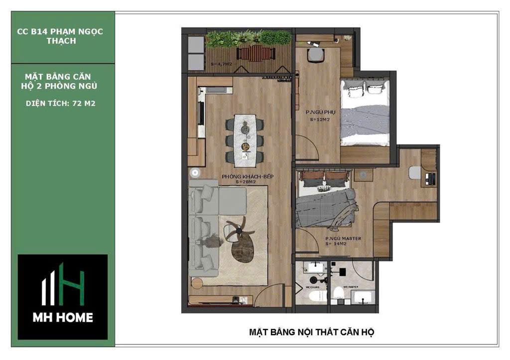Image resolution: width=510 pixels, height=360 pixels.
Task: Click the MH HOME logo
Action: click(x=63, y=297)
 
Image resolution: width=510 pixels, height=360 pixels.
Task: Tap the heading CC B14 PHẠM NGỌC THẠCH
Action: click(x=61, y=36)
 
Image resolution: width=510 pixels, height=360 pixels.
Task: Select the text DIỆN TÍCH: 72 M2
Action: click(x=61, y=104)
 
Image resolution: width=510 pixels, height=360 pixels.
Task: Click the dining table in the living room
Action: click(x=246, y=139)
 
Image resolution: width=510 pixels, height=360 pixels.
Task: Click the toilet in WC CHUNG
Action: click(x=313, y=295)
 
